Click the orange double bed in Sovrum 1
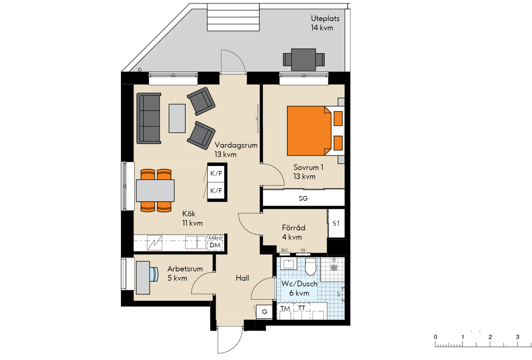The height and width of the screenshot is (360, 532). (309, 131)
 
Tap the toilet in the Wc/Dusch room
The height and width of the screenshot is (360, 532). (310, 266)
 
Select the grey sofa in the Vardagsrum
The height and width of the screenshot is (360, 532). (149, 118)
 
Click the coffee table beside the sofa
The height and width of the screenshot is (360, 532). (177, 118)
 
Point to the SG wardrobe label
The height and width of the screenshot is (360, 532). (303, 198)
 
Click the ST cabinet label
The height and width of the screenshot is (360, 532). (336, 223)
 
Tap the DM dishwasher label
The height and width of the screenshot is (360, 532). (215, 245)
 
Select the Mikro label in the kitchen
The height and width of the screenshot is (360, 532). (215, 238)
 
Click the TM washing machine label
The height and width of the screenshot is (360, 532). (285, 309)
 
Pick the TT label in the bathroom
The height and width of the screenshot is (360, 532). (301, 308)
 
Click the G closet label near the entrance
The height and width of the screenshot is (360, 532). (264, 312)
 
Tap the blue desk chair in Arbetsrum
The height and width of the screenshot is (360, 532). (154, 274)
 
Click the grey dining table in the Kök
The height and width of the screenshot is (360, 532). (155, 191)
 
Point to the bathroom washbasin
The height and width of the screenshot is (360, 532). (289, 264)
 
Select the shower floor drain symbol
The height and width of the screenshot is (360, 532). (334, 268)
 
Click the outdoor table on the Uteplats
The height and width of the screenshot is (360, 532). (304, 59)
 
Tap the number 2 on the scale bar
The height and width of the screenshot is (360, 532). (490, 337)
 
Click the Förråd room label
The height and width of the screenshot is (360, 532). (293, 228)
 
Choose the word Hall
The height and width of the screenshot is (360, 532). (242, 278)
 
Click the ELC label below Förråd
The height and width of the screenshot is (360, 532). (285, 250)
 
